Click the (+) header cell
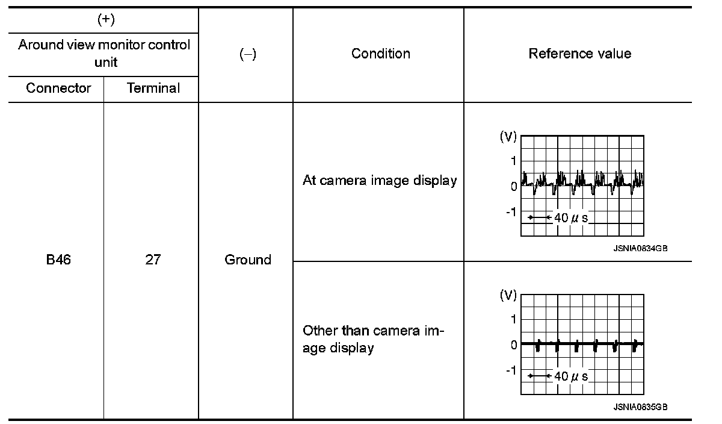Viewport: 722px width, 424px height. point(106,20)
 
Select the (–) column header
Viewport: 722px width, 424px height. point(247,54)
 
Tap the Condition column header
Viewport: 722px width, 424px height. point(380,54)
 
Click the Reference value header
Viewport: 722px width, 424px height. point(579,54)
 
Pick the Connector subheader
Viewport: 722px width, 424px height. point(58,88)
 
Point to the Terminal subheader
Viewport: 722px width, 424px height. point(153,88)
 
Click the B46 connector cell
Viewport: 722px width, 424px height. point(58,260)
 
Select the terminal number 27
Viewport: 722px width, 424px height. point(153,260)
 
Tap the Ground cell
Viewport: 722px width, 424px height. point(247,260)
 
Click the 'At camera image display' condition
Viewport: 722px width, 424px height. point(379,180)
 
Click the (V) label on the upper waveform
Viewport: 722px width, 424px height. point(508,137)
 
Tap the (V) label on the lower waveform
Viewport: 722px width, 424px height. point(508,296)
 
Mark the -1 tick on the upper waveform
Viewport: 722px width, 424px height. point(511,212)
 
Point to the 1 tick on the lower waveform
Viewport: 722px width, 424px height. point(513,319)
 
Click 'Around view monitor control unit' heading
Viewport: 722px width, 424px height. point(104,53)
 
